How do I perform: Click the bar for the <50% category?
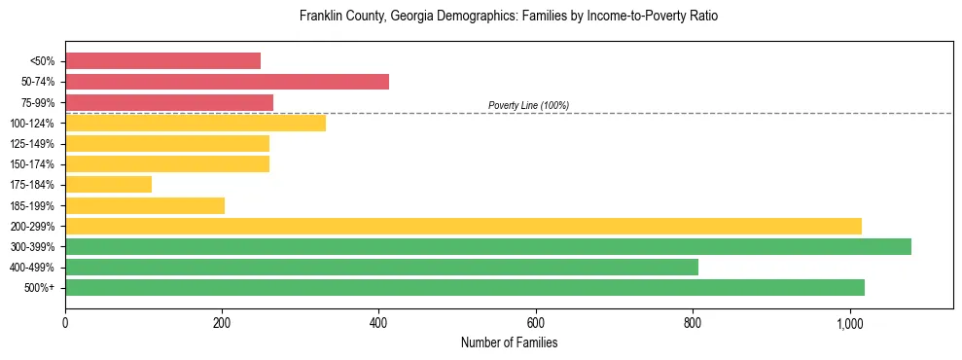[162, 60]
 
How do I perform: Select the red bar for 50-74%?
[227, 82]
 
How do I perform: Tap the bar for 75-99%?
[169, 102]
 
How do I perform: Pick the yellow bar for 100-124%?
[195, 123]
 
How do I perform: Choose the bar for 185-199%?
[145, 205]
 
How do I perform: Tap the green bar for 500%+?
[465, 287]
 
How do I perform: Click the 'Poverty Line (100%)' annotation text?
[528, 105]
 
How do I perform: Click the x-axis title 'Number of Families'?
[509, 343]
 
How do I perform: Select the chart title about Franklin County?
[509, 17]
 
